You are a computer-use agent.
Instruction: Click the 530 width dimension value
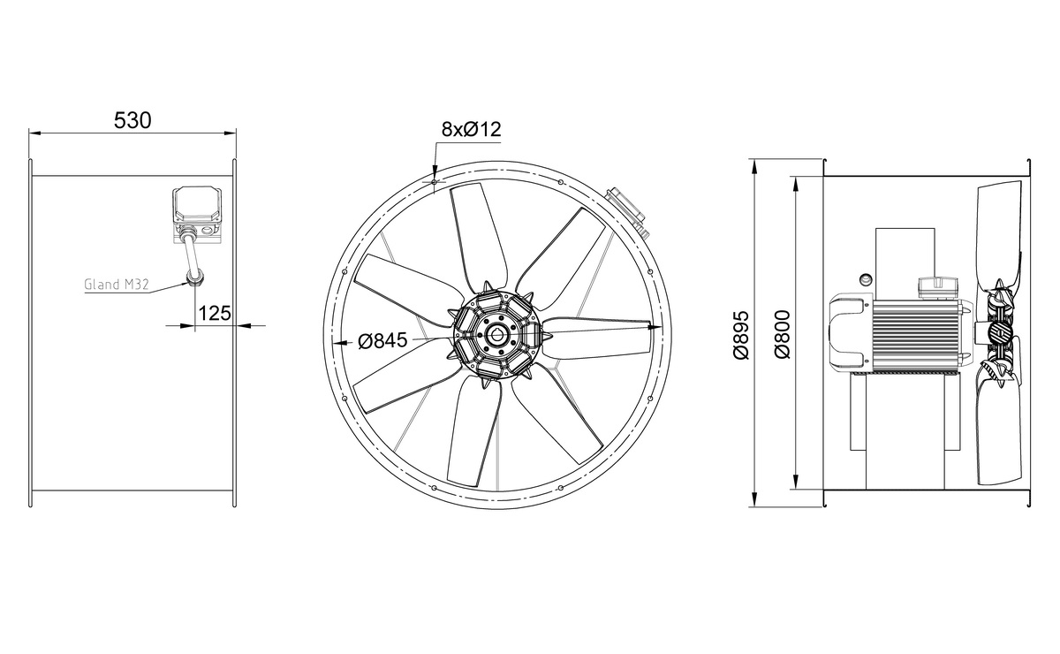(x=132, y=120)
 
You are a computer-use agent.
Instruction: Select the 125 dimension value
(x=215, y=312)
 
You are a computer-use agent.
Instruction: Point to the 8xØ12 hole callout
(x=471, y=129)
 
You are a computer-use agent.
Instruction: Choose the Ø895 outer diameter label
(x=741, y=334)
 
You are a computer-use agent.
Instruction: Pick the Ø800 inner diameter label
(x=782, y=334)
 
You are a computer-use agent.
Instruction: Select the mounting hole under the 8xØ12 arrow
(x=435, y=182)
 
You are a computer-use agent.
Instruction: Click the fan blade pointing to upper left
(x=402, y=281)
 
